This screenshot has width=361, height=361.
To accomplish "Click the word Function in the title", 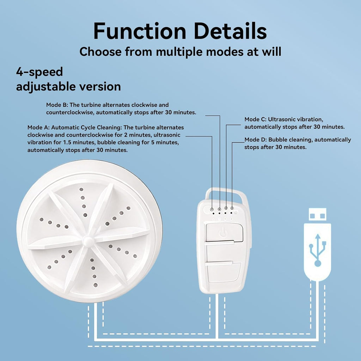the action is coord(140,31).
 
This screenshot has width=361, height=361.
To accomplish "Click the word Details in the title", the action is coord(231,31).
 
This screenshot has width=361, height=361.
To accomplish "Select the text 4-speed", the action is coord(39,72).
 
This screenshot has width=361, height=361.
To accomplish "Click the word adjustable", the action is coord(46,87).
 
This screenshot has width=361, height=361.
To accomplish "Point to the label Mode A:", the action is coord(38,127).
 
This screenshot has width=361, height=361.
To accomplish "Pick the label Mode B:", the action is coord(57,105).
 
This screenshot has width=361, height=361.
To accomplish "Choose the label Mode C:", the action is coord(255,119).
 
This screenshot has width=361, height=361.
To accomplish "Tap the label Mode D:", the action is coord(256,140).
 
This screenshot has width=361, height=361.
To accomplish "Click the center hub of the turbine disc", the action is coord(88,241).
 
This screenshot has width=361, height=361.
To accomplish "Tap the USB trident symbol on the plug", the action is coord(318,250).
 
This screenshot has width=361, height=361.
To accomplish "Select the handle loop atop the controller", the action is coord(226,194).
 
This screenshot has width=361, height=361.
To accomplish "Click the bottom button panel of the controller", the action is coord(223,273).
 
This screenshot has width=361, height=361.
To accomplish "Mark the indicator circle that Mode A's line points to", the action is coord(212,209).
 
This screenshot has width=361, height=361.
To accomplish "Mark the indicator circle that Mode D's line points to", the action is coord(232,208).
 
